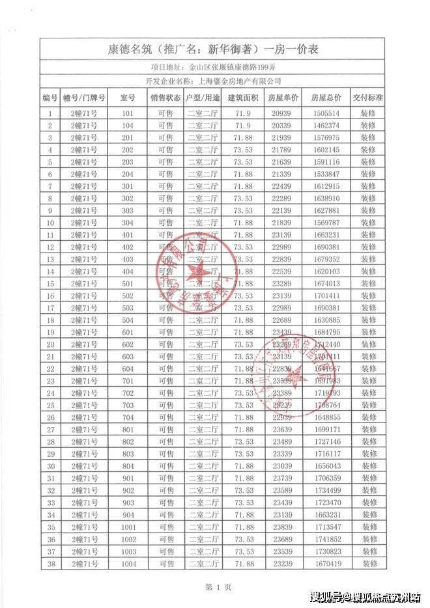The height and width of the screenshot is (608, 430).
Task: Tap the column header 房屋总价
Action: click(x=326, y=98)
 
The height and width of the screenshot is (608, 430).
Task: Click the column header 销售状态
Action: click(x=165, y=98)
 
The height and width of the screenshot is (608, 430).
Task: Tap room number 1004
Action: click(x=127, y=564)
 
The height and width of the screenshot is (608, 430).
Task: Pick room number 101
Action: click(x=127, y=113)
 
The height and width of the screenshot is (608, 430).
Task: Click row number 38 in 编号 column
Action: click(x=50, y=564)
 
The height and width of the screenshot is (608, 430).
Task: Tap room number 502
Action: click(x=127, y=296)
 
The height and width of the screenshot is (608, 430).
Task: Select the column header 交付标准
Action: click(x=369, y=98)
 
